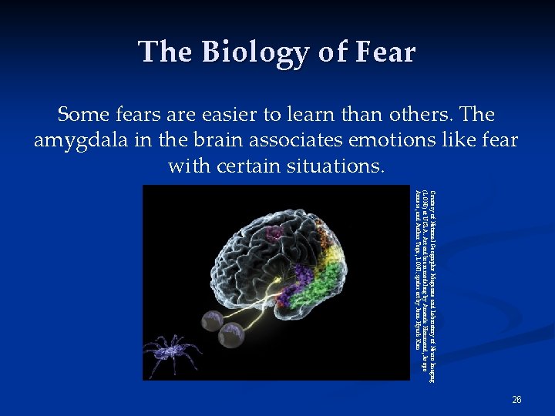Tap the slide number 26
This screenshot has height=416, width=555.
coord(516,400)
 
